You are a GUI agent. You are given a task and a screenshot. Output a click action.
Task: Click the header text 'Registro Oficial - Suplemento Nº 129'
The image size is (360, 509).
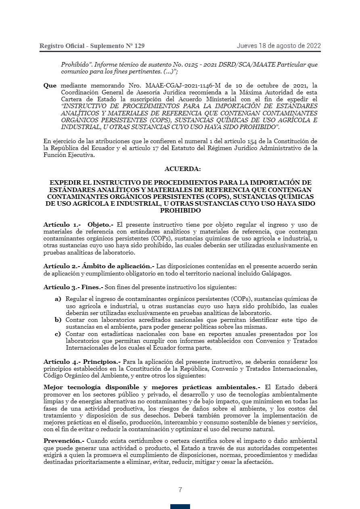92,46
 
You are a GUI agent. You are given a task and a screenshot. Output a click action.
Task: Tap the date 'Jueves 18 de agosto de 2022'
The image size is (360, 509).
278,46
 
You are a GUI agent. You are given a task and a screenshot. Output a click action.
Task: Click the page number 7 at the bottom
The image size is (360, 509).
180,490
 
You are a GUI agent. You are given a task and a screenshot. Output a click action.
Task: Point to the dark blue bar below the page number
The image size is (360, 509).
180,506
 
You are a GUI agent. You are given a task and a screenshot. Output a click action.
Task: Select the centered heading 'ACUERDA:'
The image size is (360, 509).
182,169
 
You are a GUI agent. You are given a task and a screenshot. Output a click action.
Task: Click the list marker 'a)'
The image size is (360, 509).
58,299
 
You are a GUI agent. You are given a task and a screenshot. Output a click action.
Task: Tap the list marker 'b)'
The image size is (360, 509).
58,320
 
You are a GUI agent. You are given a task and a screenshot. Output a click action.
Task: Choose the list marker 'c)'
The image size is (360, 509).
58,334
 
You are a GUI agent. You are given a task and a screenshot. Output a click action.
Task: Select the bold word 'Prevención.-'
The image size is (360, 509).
64,441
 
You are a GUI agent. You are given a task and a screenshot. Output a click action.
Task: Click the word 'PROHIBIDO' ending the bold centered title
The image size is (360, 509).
180,211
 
